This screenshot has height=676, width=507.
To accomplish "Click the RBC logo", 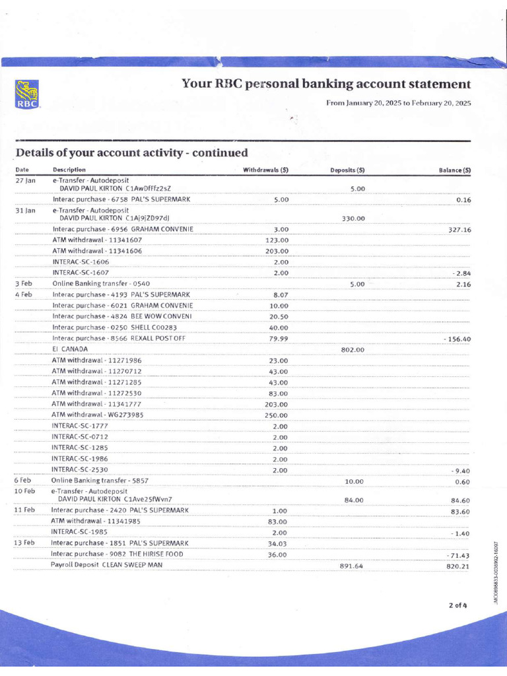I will point(26,94).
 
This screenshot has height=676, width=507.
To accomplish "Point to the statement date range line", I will point(398,104).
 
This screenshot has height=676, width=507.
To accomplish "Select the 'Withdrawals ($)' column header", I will point(266,170).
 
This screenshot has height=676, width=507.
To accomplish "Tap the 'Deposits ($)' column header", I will point(347,170).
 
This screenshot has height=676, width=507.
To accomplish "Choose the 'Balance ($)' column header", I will point(454,170).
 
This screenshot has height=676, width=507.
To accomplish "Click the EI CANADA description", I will point(70,349).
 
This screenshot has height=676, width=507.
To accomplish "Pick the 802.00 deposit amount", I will point(353,350).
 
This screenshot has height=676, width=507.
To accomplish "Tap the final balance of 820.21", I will point(456,566).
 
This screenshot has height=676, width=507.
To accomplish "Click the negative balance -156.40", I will point(456,339).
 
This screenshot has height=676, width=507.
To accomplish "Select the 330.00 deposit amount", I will point(354,219).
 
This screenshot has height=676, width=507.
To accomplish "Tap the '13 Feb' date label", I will point(24,543).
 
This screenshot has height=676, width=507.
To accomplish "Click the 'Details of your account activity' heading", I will point(131,152).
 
